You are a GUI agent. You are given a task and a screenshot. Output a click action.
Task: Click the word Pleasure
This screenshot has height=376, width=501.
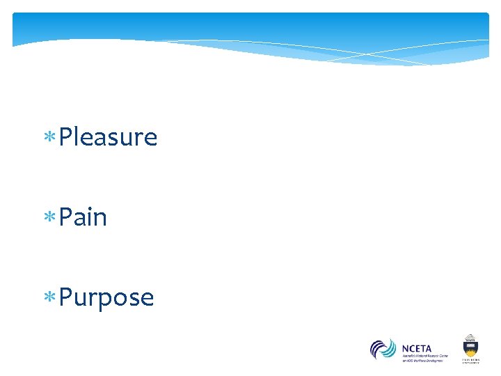[x=108, y=138]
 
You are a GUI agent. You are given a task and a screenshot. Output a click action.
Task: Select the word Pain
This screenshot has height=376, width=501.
[x=83, y=218]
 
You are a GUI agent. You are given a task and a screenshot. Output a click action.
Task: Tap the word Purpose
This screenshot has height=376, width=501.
[x=106, y=298]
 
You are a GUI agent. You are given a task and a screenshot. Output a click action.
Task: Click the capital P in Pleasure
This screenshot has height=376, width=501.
[x=66, y=137]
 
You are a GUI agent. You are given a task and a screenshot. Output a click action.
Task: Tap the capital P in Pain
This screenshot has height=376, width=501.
[x=66, y=217]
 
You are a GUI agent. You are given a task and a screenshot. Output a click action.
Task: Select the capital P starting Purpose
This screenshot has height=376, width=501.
[x=66, y=297]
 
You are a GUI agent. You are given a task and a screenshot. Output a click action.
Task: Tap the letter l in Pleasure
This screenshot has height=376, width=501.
[x=77, y=136]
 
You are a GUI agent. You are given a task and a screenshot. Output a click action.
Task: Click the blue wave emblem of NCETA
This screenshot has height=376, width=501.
[x=383, y=349]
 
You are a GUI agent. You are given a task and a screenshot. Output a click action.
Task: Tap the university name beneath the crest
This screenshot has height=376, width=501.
[x=471, y=361]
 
